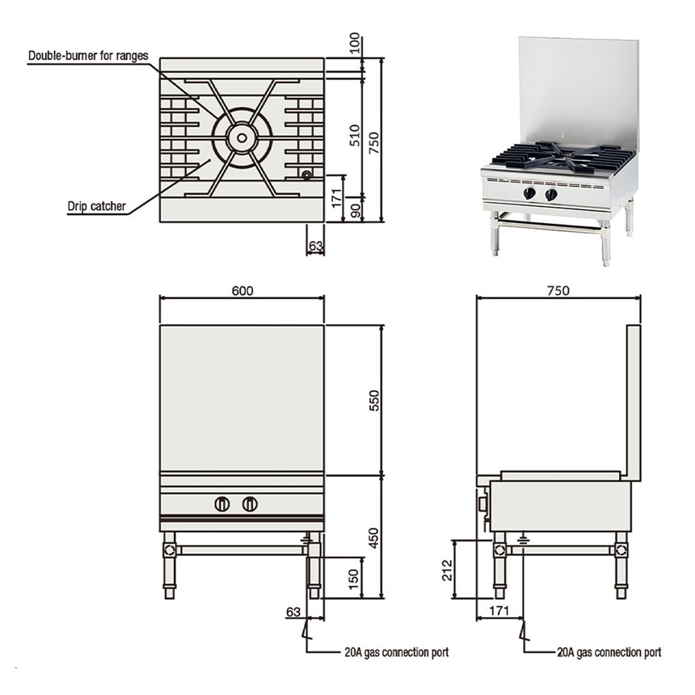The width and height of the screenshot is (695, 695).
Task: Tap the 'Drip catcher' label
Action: tap(96, 206)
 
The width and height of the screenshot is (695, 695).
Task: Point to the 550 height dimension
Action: tap(373, 400)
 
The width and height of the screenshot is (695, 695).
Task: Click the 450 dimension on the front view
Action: tap(373, 537)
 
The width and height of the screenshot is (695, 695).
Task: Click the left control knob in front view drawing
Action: tap(222, 504)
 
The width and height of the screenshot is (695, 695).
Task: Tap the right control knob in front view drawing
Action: tap(250, 504)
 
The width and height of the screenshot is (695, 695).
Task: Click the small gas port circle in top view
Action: tap(306, 175)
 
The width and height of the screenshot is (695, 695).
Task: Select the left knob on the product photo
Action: tap(529, 194)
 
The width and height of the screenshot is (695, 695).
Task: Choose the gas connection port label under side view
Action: tap(609, 651)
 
